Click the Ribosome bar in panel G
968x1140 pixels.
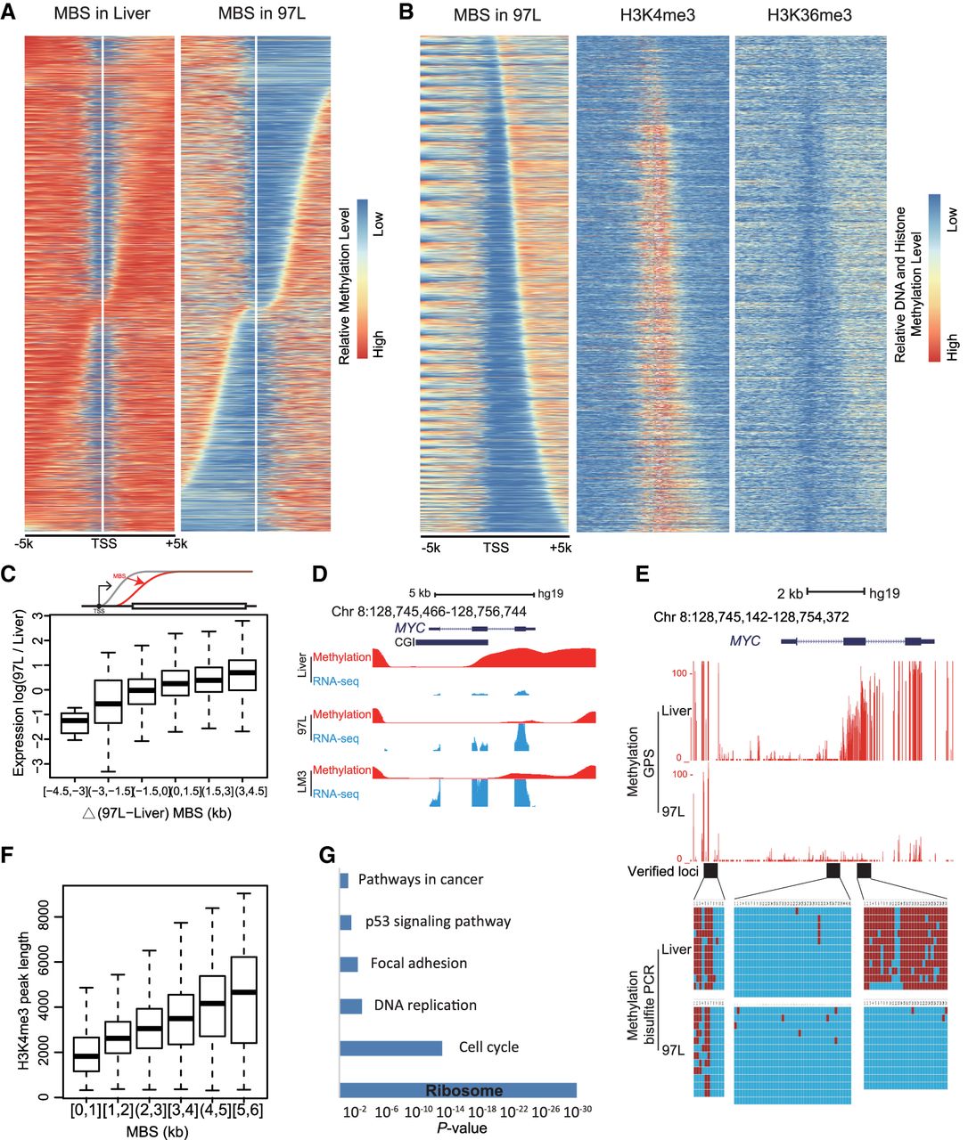(x=458, y=1090)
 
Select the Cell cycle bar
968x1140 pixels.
(x=390, y=1047)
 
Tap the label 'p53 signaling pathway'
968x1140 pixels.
(x=438, y=921)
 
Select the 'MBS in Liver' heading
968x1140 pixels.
(x=102, y=15)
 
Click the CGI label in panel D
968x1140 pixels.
(x=403, y=641)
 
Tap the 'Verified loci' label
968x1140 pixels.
(x=662, y=871)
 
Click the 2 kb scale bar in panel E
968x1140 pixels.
(x=835, y=590)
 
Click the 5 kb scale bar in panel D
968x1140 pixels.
(x=484, y=594)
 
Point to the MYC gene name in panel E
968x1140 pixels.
(x=747, y=640)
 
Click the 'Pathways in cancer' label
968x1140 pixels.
(x=420, y=879)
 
